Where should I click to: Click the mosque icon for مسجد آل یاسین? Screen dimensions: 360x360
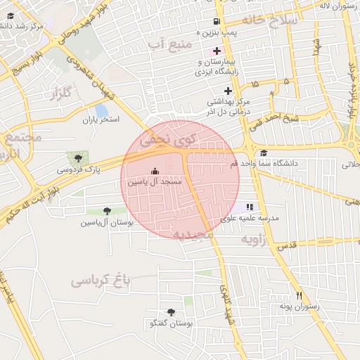click(155, 171)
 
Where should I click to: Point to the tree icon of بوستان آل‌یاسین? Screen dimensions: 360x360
click(107, 211)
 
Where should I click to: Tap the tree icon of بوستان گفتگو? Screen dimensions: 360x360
click(171, 312)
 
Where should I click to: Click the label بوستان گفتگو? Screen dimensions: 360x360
click(172, 323)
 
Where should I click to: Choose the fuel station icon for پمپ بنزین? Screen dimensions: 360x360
click(215, 22)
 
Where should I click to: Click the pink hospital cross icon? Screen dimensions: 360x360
click(217, 51)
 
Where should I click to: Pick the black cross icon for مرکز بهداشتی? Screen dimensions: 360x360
click(228, 91)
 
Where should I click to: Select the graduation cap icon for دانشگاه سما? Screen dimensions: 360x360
click(264, 153)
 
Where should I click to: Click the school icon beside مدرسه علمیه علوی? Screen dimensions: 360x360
click(250, 207)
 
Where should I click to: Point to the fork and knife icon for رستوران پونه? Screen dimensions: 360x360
click(300, 295)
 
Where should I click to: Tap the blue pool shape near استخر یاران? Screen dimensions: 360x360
click(101, 111)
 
